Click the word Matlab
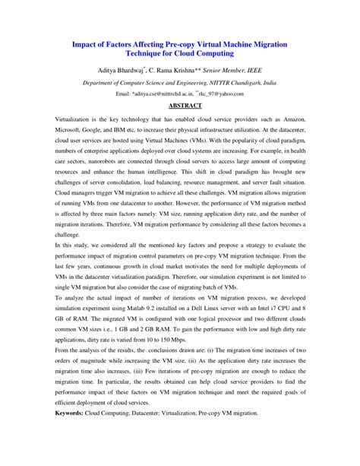[163, 311]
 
